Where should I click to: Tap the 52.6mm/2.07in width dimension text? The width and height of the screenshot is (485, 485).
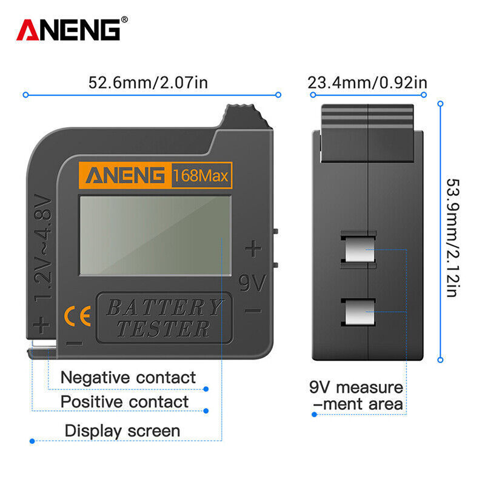pyautogui.click(x=148, y=82)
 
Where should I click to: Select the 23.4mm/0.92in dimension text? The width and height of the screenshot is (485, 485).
pyautogui.click(x=367, y=82)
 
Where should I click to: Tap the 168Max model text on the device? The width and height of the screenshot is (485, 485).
pyautogui.click(x=201, y=176)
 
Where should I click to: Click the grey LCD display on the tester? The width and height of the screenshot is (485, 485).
pyautogui.click(x=155, y=234)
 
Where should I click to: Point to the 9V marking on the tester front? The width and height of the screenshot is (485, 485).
pyautogui.click(x=252, y=283)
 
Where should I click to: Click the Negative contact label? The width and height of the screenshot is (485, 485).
pyautogui.click(x=129, y=378)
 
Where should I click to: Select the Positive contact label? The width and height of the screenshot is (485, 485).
pyautogui.click(x=124, y=402)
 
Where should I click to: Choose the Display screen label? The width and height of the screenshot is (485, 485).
pyautogui.click(x=122, y=431)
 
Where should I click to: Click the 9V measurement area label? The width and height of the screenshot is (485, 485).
pyautogui.click(x=356, y=395)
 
